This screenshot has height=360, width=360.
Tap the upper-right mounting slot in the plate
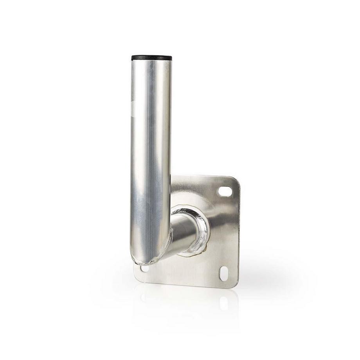[x=225, y=191]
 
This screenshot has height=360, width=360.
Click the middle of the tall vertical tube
[x=150, y=157]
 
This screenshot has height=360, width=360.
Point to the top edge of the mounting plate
[x=203, y=177]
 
